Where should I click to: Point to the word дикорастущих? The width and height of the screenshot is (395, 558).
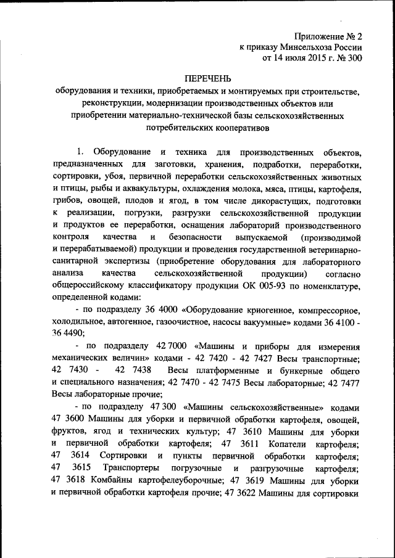click(285, 201)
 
